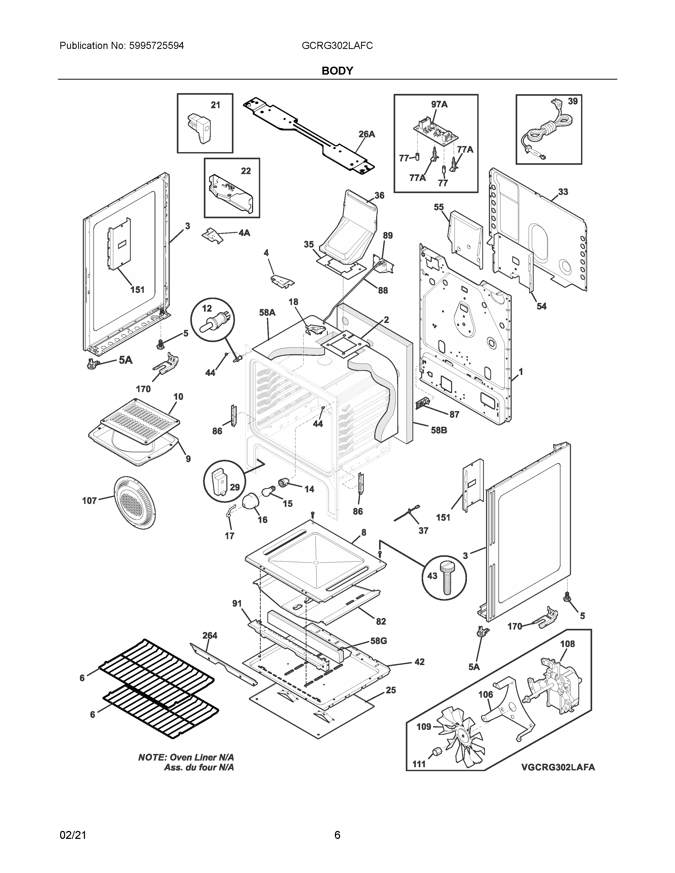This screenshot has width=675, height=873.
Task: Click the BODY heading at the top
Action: point(337,71)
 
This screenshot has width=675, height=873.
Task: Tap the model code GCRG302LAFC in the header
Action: point(337,46)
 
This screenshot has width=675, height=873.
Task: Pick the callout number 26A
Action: point(366,134)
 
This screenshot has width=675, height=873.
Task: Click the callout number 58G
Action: point(378,641)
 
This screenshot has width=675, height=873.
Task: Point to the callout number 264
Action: point(210,635)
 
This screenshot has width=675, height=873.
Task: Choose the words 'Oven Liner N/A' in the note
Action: point(202,757)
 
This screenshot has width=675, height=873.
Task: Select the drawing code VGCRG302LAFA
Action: point(557,767)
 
